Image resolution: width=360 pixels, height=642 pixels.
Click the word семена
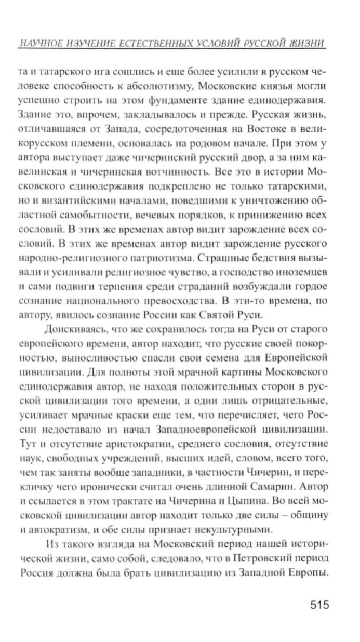(217, 357)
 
